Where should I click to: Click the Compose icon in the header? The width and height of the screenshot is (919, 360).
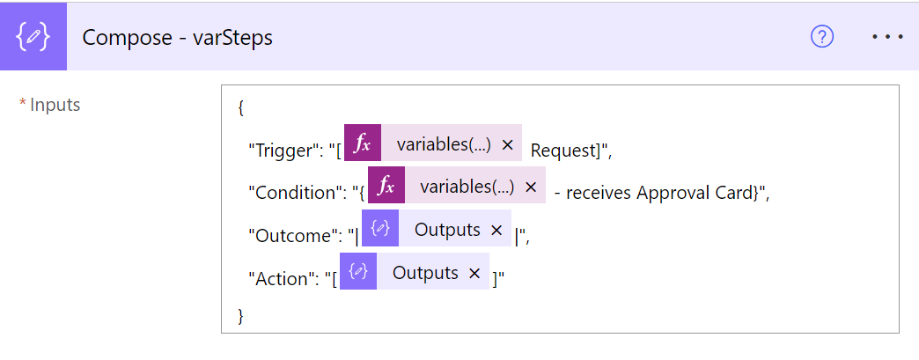33,37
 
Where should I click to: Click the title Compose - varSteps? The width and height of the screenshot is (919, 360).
178,38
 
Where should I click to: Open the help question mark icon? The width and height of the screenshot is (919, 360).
821,37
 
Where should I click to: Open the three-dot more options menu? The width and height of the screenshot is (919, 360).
887,37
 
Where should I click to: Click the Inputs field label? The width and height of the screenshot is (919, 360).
55,105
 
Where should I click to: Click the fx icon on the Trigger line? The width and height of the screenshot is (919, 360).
363,143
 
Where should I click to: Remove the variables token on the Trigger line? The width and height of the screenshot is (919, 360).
508,145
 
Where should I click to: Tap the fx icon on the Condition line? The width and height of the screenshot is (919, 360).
386,185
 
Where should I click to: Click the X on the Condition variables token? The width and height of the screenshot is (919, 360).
531,187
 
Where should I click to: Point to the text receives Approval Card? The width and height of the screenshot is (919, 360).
658,194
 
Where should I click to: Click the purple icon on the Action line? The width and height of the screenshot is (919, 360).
358,271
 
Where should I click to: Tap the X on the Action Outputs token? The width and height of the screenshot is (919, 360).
474,273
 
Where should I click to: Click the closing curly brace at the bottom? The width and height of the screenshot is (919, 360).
240,315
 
